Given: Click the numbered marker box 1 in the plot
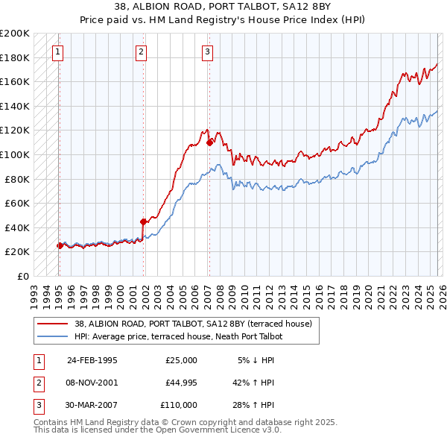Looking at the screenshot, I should (58, 51).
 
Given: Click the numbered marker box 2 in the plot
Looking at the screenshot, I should (142, 51).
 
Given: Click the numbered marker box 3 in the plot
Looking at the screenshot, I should (207, 51).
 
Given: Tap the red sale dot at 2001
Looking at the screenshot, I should (143, 221).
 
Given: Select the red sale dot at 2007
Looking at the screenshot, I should (210, 142).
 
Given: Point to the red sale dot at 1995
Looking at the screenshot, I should (60, 245).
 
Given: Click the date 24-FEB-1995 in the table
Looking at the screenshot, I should (92, 360).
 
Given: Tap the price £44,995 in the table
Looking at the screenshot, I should (181, 383).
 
